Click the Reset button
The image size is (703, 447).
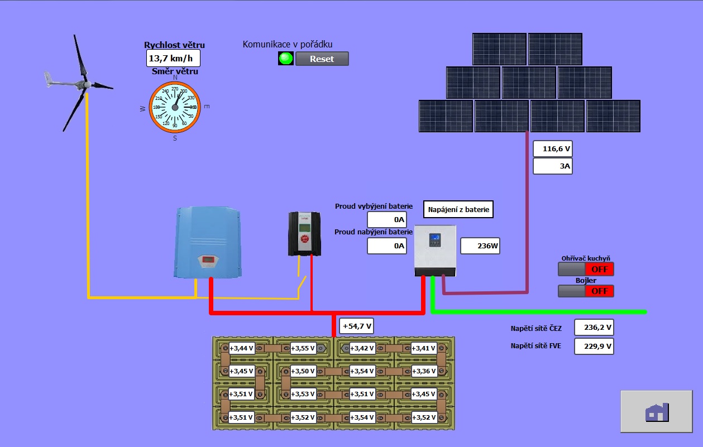[x=322, y=59]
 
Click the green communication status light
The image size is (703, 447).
[x=286, y=59]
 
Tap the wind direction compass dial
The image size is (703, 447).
[x=175, y=107]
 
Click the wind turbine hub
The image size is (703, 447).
[x=87, y=84]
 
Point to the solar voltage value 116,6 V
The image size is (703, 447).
[x=552, y=150]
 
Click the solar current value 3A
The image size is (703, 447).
[x=552, y=166]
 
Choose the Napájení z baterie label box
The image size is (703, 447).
[x=458, y=210]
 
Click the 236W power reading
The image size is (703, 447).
[x=480, y=246]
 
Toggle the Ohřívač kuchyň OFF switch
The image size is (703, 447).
[x=586, y=269]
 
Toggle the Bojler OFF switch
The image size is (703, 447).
[x=586, y=291]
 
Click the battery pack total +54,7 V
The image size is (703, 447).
[x=356, y=326]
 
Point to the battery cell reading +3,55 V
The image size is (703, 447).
[x=303, y=349]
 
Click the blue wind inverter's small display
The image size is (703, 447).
[x=208, y=259]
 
